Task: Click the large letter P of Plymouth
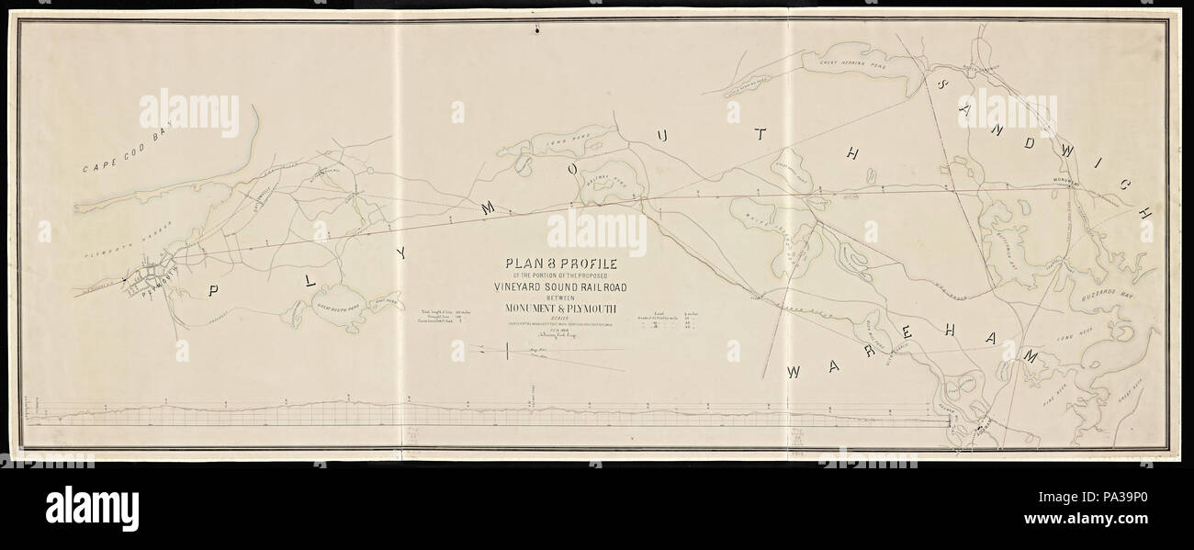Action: [x=213, y=292]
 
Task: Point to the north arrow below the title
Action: [x=508, y=350]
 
